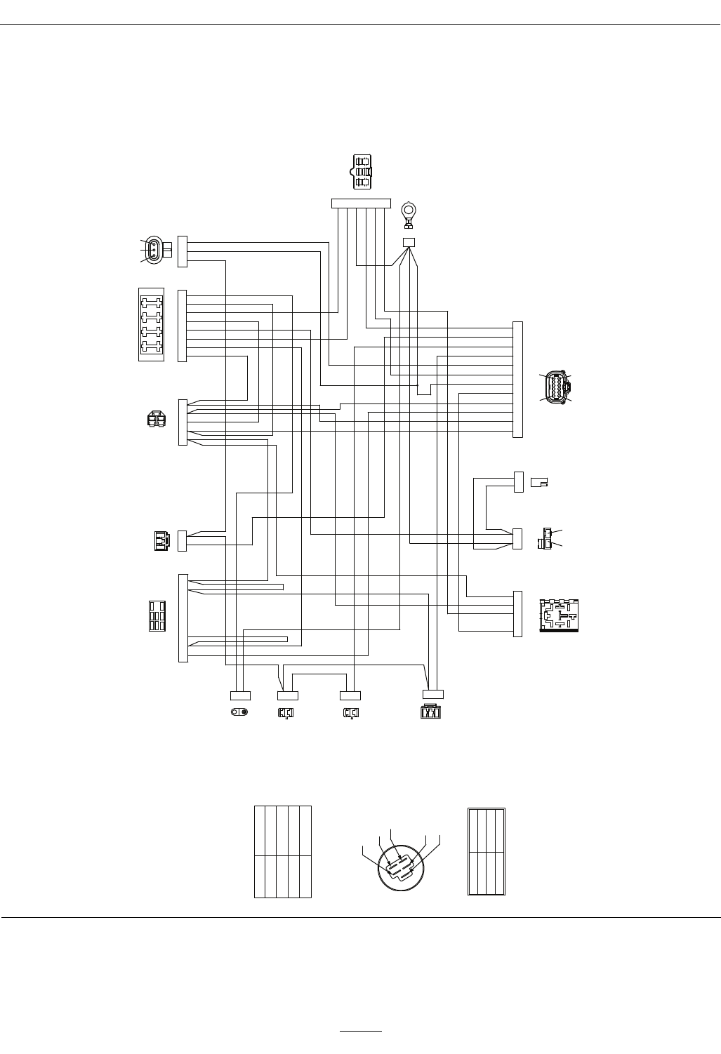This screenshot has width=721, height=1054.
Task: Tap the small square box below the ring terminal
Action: click(x=409, y=242)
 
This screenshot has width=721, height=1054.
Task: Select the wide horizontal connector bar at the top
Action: click(x=361, y=204)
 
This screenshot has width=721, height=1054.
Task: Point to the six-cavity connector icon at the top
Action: click(x=362, y=172)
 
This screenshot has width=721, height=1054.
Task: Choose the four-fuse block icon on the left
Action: click(x=151, y=324)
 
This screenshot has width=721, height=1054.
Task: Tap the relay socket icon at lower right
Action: click(x=559, y=615)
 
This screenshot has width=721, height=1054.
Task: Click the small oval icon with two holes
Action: click(x=240, y=713)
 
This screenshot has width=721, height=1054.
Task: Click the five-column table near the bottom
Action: click(x=282, y=852)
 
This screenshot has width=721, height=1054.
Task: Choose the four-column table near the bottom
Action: click(x=487, y=852)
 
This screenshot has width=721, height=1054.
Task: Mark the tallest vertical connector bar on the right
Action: click(x=518, y=379)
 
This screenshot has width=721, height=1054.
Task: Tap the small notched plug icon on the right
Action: click(x=539, y=482)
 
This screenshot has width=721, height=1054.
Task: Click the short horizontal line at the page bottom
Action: click(x=361, y=1032)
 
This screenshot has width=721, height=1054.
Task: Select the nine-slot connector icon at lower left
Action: click(x=157, y=616)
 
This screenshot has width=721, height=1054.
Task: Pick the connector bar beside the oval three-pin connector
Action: click(x=183, y=251)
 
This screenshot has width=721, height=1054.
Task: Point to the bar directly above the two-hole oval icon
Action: click(x=240, y=695)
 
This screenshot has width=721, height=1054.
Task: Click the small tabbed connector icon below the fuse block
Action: click(x=156, y=420)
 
